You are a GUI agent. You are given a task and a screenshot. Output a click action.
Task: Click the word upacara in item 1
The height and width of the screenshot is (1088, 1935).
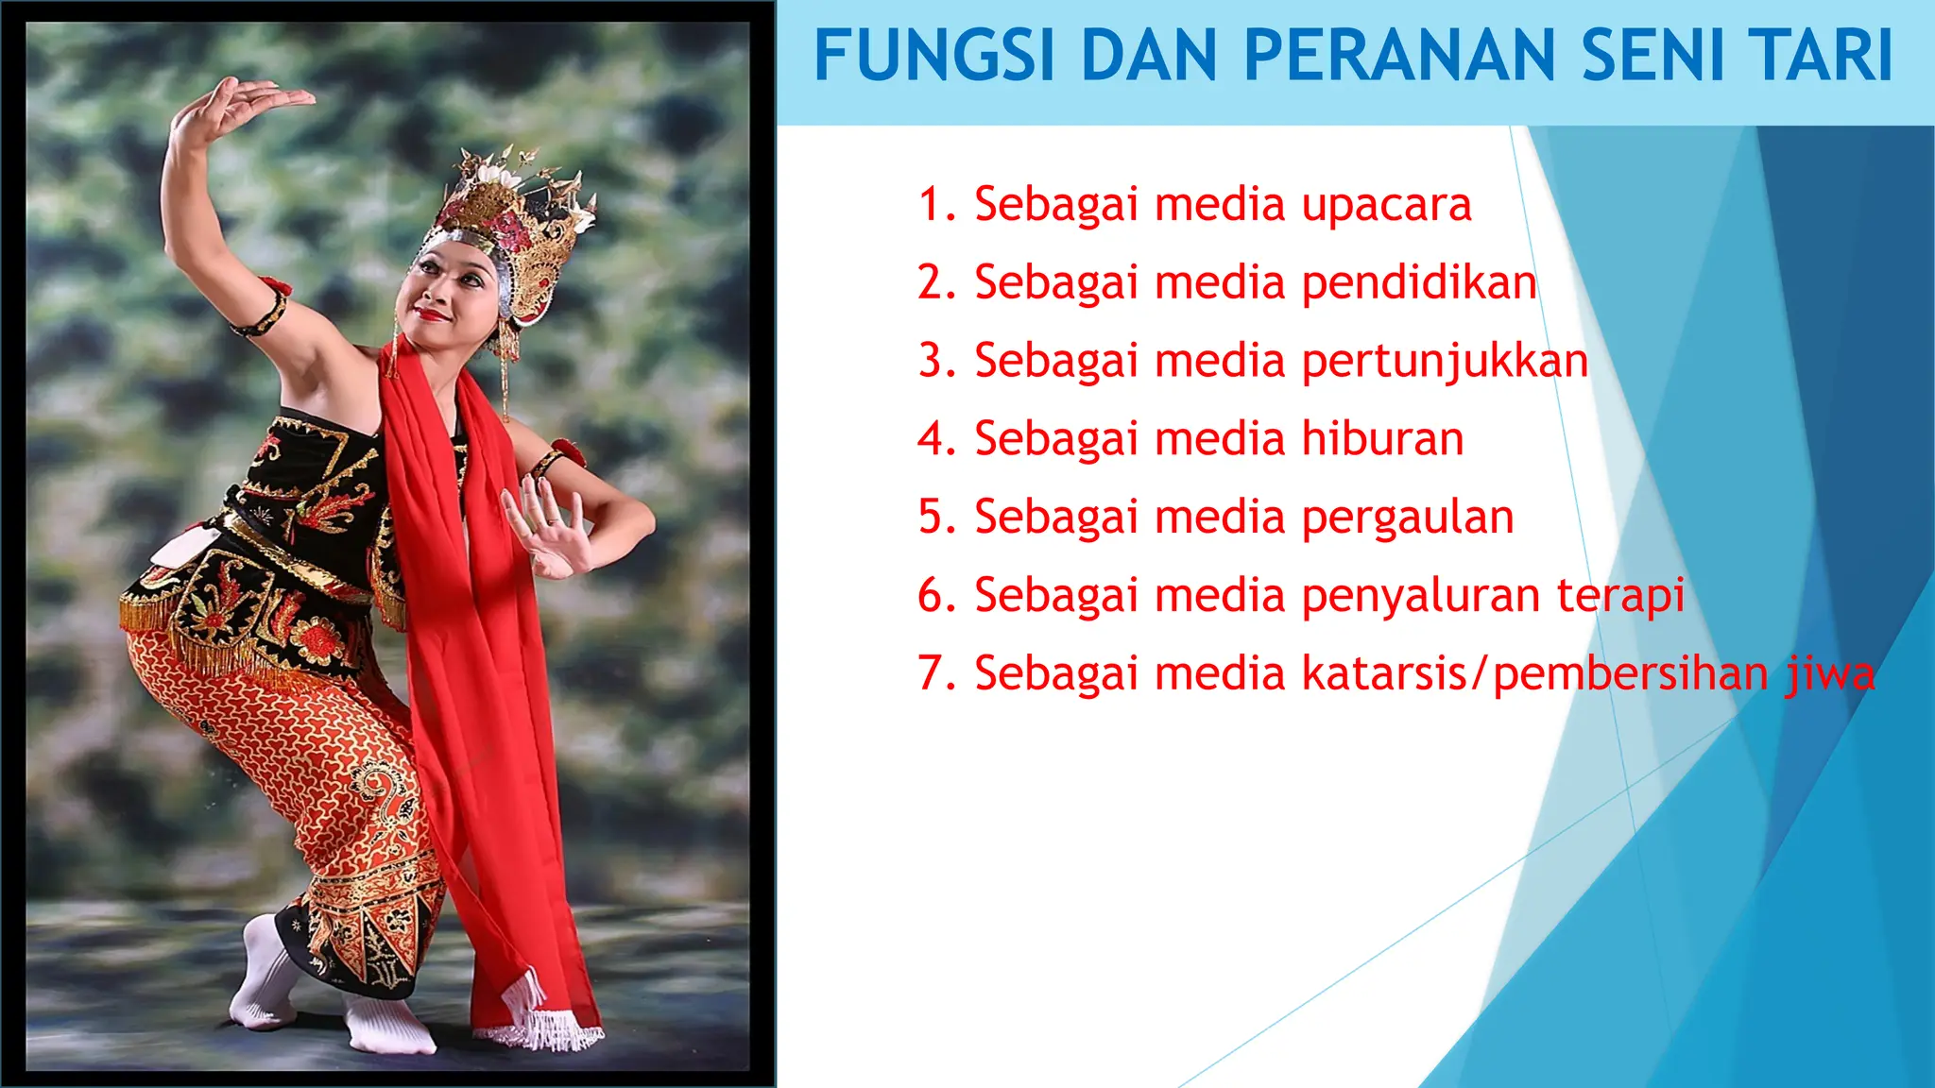point(1386,206)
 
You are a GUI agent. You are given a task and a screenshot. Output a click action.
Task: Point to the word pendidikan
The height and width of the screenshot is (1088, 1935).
point(1419,283)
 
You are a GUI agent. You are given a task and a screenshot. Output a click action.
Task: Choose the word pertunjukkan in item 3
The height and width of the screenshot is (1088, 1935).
point(1445,362)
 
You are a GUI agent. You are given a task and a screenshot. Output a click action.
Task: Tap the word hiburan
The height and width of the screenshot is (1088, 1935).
point(1382,439)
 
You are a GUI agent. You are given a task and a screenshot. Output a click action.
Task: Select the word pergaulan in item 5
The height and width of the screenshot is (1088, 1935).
point(1408,518)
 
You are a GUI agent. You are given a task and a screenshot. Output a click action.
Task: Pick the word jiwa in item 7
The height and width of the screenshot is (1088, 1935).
point(1830,674)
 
